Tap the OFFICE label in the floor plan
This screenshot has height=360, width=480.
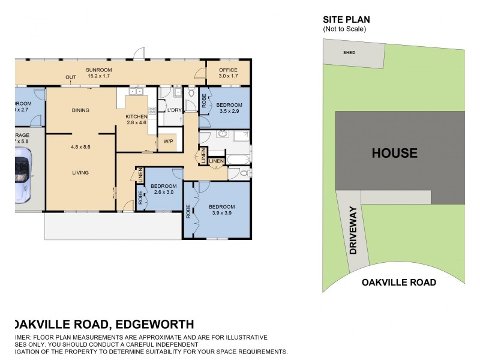[227, 70]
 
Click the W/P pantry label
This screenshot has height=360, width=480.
[168, 142]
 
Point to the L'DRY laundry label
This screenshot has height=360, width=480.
[174, 110]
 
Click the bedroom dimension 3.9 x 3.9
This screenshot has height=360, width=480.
[222, 213]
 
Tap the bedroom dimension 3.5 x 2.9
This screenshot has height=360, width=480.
[229, 111]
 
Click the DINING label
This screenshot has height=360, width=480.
[80, 110]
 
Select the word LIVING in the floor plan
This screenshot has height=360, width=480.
[80, 173]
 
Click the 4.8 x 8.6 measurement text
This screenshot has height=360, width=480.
[80, 147]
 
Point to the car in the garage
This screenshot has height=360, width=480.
[23, 175]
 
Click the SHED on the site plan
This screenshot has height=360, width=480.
[349, 52]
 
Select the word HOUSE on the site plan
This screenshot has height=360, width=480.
[394, 153]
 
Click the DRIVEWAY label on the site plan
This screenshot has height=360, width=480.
[353, 231]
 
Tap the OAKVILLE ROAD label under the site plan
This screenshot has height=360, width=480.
[398, 282]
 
